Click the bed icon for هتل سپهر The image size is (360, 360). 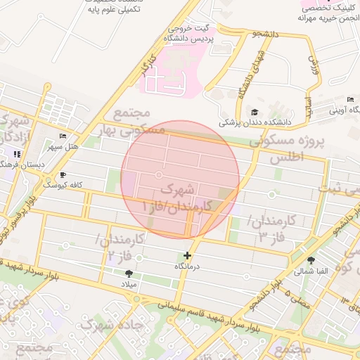(63, 136)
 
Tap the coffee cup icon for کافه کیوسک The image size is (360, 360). (63, 174)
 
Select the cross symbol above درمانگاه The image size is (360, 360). (187, 256)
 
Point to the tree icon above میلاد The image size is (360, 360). (128, 274)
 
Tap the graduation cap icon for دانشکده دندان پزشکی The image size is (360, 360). (254, 112)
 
